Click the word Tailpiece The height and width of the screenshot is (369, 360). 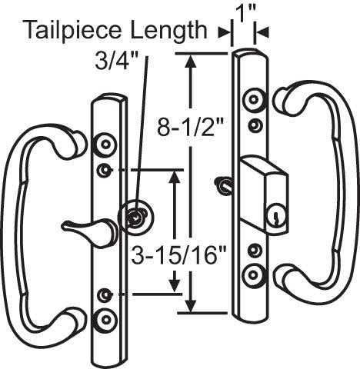[73, 31]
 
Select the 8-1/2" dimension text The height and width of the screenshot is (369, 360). [191, 127]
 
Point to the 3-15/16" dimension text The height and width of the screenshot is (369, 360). [178, 255]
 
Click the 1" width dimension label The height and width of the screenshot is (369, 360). [243, 16]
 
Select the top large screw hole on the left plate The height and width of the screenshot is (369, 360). [105, 145]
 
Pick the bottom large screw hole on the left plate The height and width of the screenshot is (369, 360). [106, 320]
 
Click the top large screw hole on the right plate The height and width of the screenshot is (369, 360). [254, 99]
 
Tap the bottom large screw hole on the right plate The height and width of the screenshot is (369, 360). [253, 275]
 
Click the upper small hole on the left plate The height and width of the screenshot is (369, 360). [105, 170]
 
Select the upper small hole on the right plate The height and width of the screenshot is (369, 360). [255, 125]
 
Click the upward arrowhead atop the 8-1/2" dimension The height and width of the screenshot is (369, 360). [190, 61]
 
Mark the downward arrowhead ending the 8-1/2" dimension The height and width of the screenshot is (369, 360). [190, 306]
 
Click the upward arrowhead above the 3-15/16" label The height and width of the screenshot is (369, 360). [175, 178]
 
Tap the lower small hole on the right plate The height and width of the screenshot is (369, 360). [254, 250]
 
